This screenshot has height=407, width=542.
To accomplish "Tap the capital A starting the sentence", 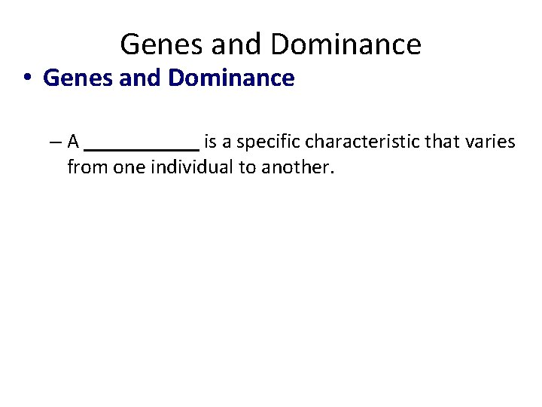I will (73, 141).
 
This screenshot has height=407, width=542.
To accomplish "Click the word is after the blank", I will (211, 141).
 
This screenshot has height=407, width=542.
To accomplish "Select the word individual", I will (193, 167).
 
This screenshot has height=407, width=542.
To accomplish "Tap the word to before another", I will (248, 167).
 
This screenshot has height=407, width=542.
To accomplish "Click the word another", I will (297, 167).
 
